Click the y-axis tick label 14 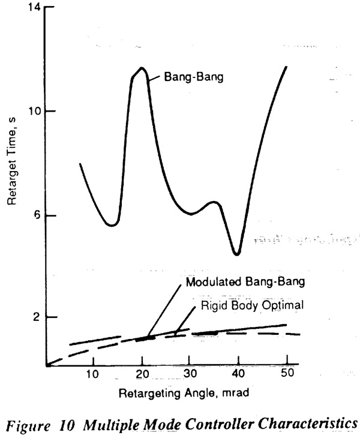pos(34,7)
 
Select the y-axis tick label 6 pos(37,215)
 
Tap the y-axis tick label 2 pos(37,317)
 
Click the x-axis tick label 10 pos(92,374)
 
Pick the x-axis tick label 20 pos(142,374)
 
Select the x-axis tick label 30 pos(190,373)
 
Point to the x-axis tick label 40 pos(238,373)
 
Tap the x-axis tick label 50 pos(287,373)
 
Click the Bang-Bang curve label pos(194,77)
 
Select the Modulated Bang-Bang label pos(245,282)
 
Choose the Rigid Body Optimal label pos(252,305)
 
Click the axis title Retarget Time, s pos(11,161)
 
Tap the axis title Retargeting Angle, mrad pos(184,393)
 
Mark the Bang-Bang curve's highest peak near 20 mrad pos(142,68)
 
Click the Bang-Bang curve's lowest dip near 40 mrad pos(237,254)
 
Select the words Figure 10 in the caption pos(40,425)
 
